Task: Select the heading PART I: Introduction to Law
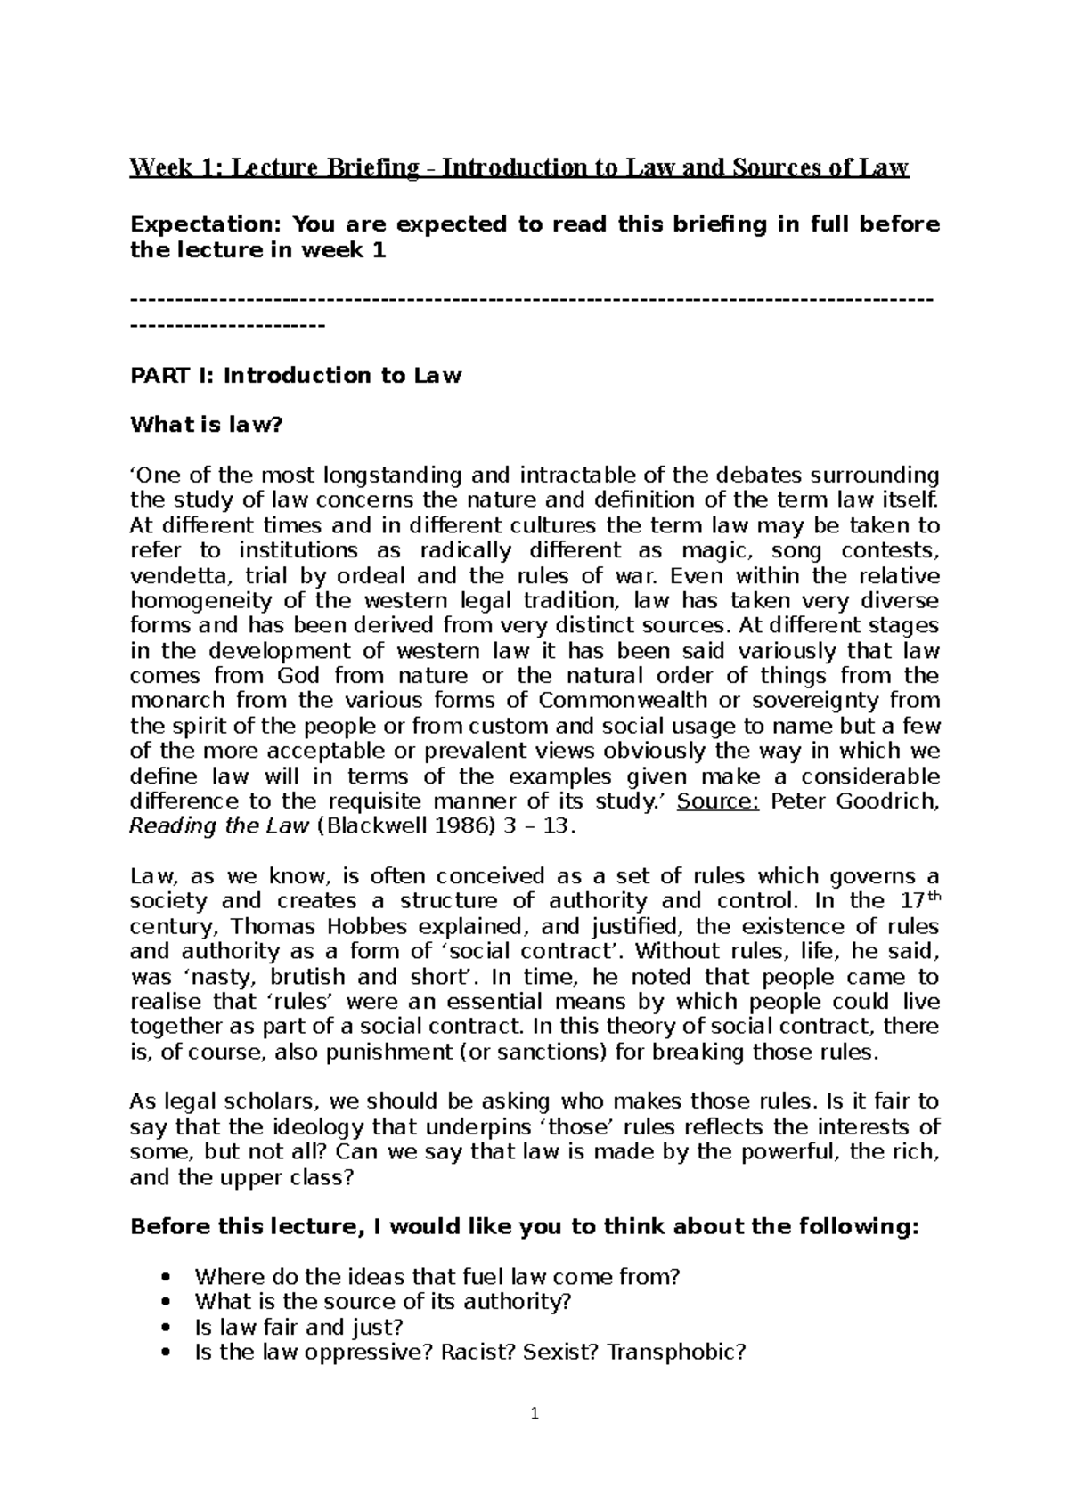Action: pyautogui.click(x=295, y=375)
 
